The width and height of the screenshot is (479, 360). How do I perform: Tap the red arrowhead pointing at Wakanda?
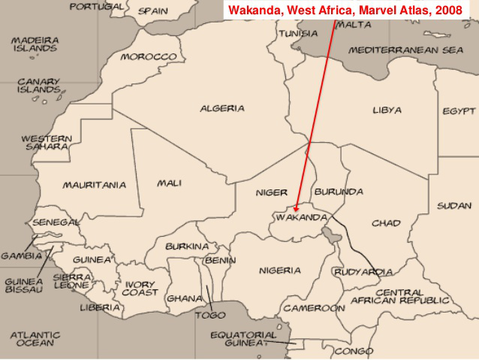(297, 209)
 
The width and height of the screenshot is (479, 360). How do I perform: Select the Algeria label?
(221, 108)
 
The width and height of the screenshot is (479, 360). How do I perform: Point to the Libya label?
(387, 110)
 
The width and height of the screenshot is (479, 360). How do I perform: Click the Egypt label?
(459, 111)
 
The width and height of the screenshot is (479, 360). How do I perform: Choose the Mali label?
(170, 183)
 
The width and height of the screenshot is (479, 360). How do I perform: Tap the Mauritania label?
(94, 185)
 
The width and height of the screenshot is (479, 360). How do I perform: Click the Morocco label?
(149, 57)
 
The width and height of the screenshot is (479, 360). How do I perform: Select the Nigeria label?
(280, 271)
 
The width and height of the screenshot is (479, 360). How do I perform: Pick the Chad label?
(386, 223)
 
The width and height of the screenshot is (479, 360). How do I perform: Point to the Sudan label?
(455, 205)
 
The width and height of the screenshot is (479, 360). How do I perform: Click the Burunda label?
(339, 192)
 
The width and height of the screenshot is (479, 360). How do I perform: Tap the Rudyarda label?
(363, 272)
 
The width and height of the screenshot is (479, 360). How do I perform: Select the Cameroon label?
(314, 308)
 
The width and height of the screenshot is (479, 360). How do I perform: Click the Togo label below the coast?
(210, 316)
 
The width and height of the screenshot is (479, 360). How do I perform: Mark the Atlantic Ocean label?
(35, 339)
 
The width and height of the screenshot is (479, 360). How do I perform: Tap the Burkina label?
(187, 247)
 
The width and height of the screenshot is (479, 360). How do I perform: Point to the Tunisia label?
(298, 34)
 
